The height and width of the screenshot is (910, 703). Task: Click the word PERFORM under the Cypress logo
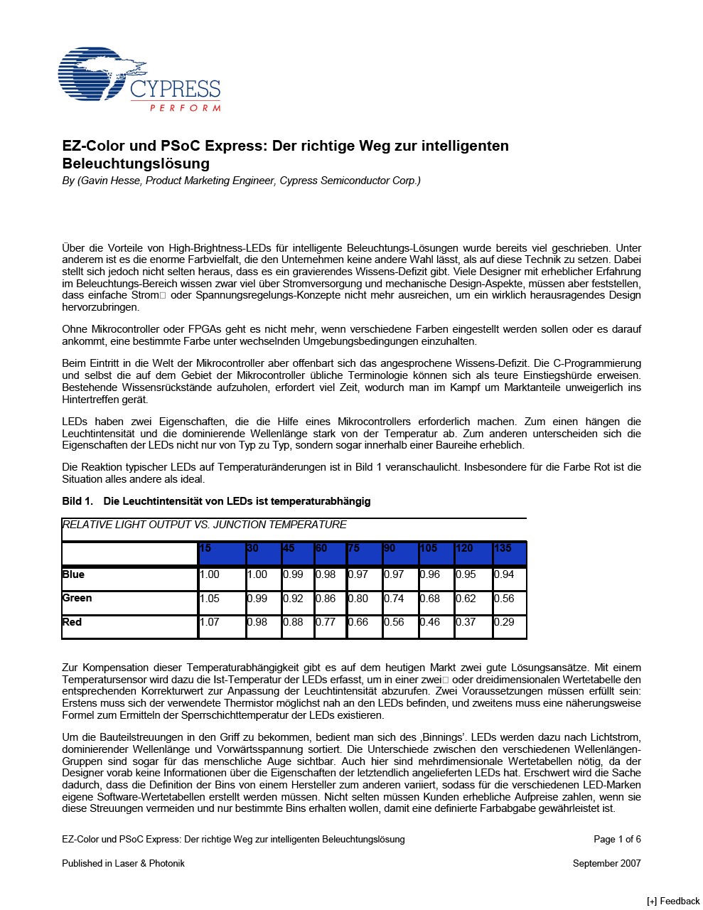(185, 108)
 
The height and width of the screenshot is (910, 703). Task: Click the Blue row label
(73, 574)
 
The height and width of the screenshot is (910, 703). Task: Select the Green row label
(77, 598)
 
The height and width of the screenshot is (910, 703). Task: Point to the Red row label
(72, 622)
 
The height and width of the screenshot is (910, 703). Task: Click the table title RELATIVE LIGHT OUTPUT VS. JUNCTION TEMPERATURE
(205, 525)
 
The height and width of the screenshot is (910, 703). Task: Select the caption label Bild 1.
(77, 501)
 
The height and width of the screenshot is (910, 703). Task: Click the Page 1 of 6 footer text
(617, 839)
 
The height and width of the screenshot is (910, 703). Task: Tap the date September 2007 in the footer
(606, 863)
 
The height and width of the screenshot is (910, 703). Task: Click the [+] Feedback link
(673, 901)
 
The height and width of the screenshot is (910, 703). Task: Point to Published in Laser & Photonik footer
(123, 863)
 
